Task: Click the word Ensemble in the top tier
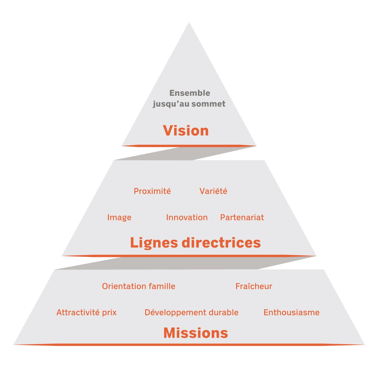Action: pyautogui.click(x=190, y=93)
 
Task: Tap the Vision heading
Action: pyautogui.click(x=186, y=131)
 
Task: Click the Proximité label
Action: pyautogui.click(x=152, y=191)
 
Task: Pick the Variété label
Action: pyautogui.click(x=213, y=191)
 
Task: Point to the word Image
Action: pyautogui.click(x=119, y=217)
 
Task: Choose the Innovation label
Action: pyautogui.click(x=187, y=217)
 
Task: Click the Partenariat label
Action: pyautogui.click(x=242, y=217)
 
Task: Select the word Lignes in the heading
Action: pyautogui.click(x=154, y=242)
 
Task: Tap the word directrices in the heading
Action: pyautogui.click(x=221, y=242)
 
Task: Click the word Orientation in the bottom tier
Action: pyautogui.click(x=124, y=286)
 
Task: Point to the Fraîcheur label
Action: pyautogui.click(x=254, y=286)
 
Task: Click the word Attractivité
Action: pyautogui.click(x=78, y=312)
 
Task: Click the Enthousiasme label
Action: pyautogui.click(x=292, y=312)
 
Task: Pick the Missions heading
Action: pyautogui.click(x=196, y=333)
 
